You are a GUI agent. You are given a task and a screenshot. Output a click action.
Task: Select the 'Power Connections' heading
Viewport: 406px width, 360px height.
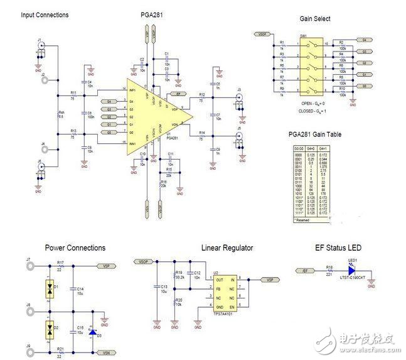pyautogui.click(x=75, y=248)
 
